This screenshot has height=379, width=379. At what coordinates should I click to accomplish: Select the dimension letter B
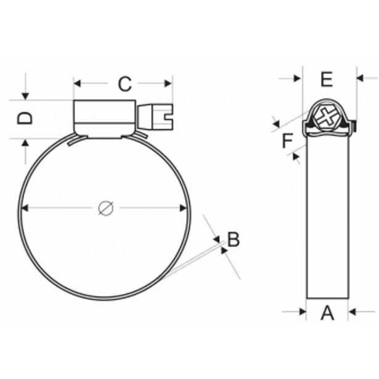click(x=233, y=239)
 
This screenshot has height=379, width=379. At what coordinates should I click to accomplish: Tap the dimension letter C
click(x=124, y=84)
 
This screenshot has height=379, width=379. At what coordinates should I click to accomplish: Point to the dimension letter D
click(x=24, y=118)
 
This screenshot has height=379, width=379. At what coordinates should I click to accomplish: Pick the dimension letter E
click(x=327, y=79)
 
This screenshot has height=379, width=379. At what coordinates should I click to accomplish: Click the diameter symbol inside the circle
click(x=105, y=208)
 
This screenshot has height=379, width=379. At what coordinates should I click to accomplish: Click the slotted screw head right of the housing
click(x=157, y=116)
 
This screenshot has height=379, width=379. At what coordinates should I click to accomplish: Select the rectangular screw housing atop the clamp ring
click(x=105, y=117)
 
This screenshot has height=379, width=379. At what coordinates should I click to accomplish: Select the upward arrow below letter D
click(x=25, y=144)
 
